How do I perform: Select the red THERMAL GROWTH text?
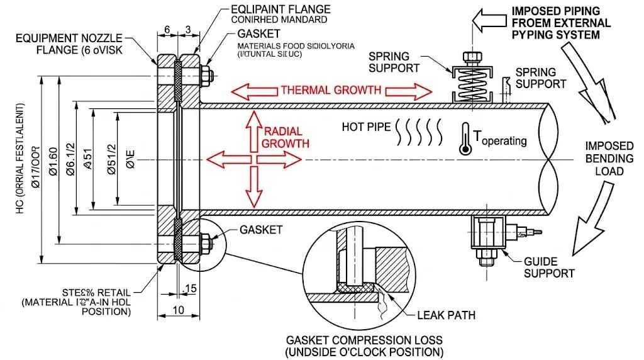point(331,89)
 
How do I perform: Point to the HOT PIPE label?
point(366,127)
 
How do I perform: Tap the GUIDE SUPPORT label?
point(549,267)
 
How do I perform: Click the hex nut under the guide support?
point(486,256)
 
